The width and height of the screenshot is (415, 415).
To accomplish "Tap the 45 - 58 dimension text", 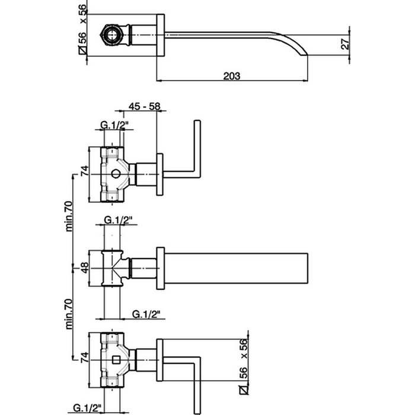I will point(145,106).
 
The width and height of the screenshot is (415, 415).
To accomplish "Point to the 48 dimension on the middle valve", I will point(84,267).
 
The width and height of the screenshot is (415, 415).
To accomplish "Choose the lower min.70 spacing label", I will point(69,312).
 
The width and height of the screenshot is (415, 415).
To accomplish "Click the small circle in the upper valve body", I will point(116,174).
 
